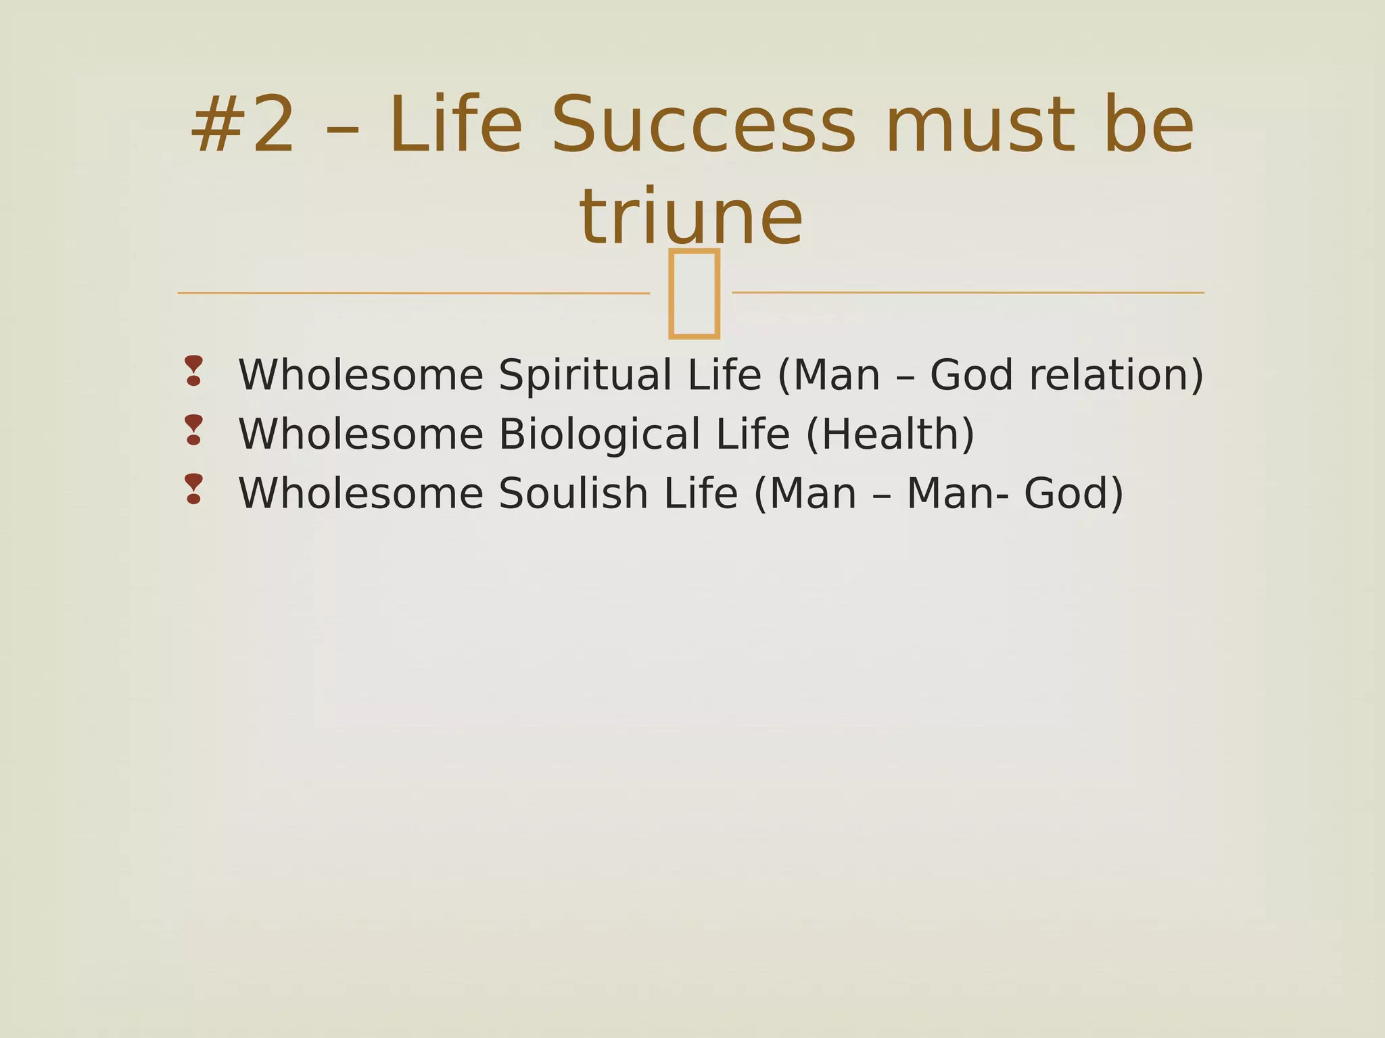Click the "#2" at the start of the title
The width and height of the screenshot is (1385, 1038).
tap(243, 126)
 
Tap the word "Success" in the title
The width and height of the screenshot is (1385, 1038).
tap(703, 126)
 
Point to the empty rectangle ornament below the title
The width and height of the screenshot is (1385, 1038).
tap(693, 293)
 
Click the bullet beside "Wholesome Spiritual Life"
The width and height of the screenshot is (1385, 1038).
tap(194, 371)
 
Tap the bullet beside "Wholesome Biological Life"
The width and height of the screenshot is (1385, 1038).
tap(194, 430)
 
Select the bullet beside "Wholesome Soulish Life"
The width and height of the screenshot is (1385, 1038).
tap(194, 489)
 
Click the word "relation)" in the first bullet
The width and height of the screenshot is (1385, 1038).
tap(1117, 376)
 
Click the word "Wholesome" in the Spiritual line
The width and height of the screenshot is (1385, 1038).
tap(361, 376)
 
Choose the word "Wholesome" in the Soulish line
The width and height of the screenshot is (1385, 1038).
tap(361, 494)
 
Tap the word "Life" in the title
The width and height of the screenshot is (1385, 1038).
tap(456, 126)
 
